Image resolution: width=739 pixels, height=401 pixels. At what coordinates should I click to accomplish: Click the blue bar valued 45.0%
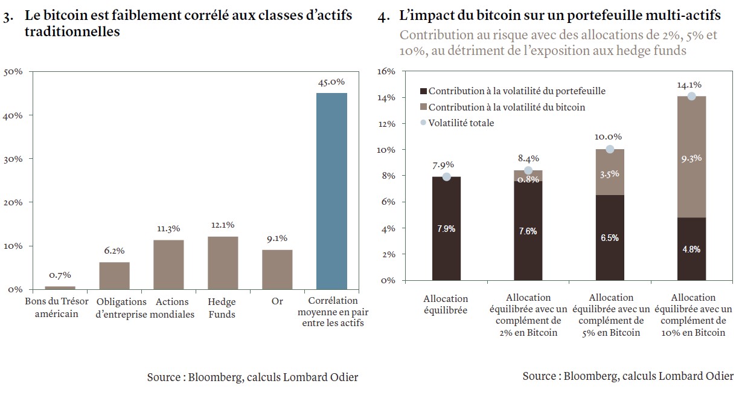pos(331,191)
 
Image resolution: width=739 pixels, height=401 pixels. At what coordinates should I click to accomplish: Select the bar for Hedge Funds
pos(223,263)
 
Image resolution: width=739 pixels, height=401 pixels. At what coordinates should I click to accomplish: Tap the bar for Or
pos(277,269)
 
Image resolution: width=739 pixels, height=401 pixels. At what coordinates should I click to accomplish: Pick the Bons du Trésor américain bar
pos(60,287)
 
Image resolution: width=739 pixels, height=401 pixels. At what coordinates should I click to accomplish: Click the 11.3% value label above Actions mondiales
pos(168,229)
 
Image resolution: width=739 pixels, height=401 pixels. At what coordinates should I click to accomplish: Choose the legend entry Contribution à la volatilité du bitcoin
pos(507,107)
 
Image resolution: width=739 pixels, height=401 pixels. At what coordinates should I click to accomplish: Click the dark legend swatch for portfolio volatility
pos(423,91)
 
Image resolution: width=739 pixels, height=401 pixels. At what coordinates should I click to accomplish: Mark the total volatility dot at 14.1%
pos(691,96)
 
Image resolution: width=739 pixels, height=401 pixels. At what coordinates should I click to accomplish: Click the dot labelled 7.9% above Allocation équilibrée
pos(447,177)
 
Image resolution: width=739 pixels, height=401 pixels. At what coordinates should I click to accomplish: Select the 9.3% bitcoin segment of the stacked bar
pos(691,157)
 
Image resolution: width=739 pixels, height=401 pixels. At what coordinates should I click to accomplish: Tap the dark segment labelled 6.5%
pos(610,237)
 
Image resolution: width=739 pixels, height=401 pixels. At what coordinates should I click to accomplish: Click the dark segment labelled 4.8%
pos(691,248)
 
